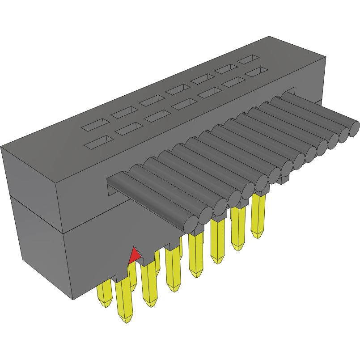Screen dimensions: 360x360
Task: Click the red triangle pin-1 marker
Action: (134, 256)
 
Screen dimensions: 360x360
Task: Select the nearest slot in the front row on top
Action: (99, 142)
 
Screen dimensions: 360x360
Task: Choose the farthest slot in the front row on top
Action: (256, 71)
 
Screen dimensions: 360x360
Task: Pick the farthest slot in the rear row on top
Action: (248, 58)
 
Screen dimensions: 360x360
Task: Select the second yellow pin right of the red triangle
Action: (172, 268)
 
